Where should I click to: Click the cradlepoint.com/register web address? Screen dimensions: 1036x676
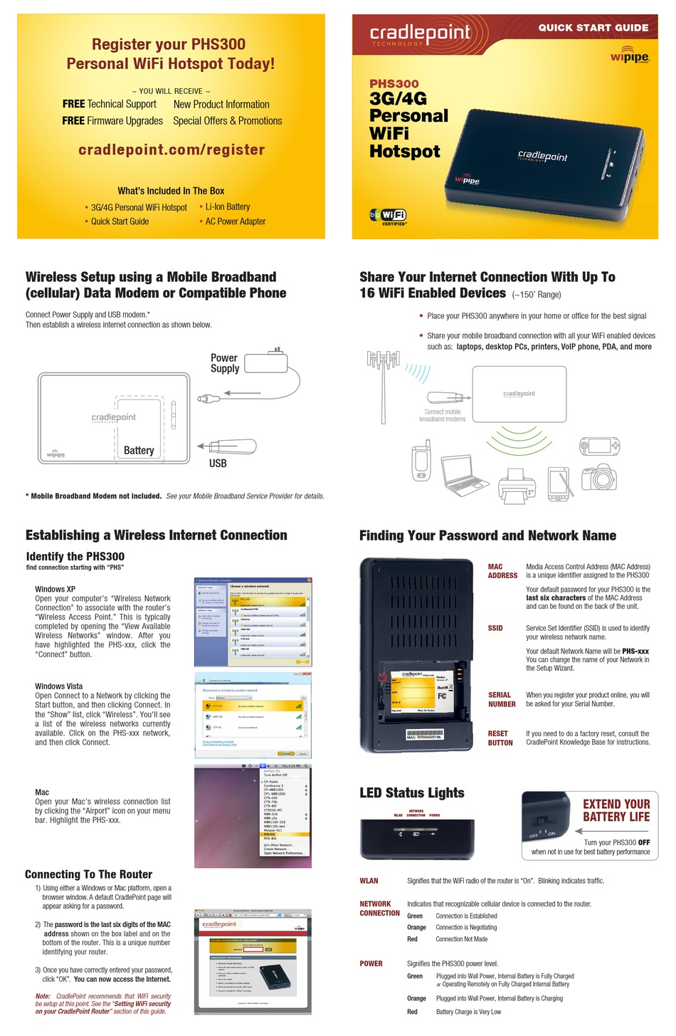(171, 150)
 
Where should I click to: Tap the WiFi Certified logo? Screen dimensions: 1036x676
(388, 216)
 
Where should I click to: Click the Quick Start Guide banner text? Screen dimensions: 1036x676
(593, 28)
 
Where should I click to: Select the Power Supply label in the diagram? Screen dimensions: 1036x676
(224, 363)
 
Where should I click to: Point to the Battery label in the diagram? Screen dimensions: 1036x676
(139, 450)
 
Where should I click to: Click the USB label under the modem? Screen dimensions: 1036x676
(218, 464)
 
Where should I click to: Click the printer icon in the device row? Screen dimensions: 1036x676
(517, 484)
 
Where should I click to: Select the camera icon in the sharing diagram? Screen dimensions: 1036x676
(599, 476)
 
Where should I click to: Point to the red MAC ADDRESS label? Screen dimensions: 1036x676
(502, 571)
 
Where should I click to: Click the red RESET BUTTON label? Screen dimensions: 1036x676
(500, 738)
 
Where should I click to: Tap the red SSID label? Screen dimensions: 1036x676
(495, 628)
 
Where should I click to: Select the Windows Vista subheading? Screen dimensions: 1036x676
(59, 686)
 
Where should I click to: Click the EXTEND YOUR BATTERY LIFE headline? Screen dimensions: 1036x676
(616, 810)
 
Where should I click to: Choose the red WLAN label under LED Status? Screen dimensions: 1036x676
(369, 881)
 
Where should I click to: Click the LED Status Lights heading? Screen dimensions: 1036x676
(411, 792)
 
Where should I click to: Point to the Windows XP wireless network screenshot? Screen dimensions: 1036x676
(253, 622)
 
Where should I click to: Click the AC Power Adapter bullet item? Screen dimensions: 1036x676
(235, 221)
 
